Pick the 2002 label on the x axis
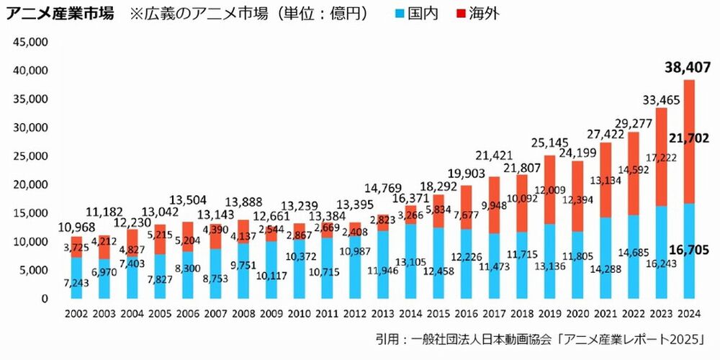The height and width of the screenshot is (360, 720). [76, 313]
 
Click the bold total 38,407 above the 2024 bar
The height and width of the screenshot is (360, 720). [688, 68]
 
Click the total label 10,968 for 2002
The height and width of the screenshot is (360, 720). [76, 228]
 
